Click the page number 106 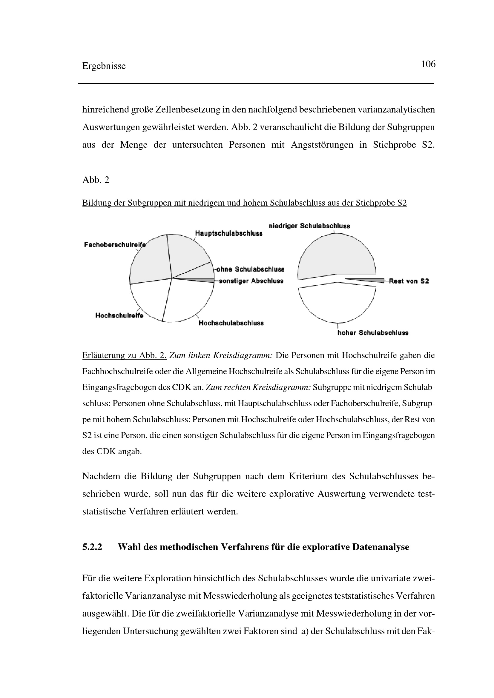click(428, 64)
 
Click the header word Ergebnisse click(104, 66)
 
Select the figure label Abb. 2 click(96, 180)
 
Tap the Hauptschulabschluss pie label click(229, 233)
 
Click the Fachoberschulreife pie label click(115, 245)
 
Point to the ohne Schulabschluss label click(250, 269)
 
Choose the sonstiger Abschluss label click(251, 281)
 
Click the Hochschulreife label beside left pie click(119, 315)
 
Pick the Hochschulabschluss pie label click(231, 323)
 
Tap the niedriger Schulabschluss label click(309, 226)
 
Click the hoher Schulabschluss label click(373, 332)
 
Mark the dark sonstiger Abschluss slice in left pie click(204, 280)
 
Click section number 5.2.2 click(92, 547)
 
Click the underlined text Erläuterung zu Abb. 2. click(124, 355)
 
